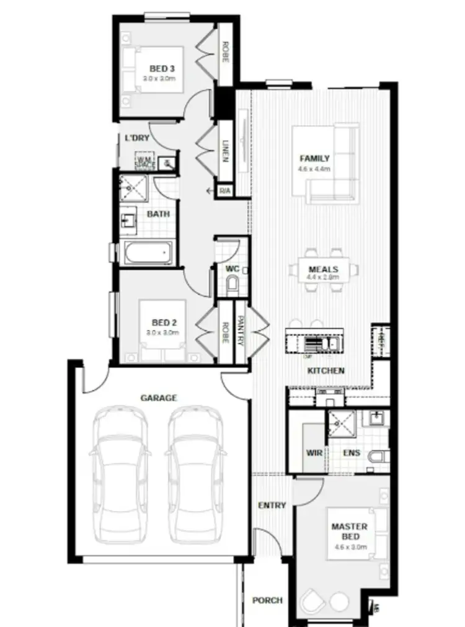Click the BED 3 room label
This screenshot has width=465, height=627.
pyautogui.click(x=161, y=68)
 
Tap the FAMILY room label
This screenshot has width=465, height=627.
pyautogui.click(x=314, y=158)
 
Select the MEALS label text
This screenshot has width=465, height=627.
pyautogui.click(x=323, y=270)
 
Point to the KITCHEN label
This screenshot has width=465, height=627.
pyautogui.click(x=325, y=370)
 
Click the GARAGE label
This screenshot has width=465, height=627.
pyautogui.click(x=159, y=398)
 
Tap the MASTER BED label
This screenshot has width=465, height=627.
pyautogui.click(x=349, y=531)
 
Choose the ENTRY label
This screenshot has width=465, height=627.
pyautogui.click(x=272, y=505)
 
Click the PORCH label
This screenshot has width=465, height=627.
pyautogui.click(x=267, y=600)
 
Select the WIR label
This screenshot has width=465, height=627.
pyautogui.click(x=314, y=453)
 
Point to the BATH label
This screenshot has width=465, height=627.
pyautogui.click(x=158, y=214)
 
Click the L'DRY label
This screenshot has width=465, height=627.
pyautogui.click(x=137, y=138)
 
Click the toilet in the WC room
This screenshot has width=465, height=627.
pyautogui.click(x=233, y=285)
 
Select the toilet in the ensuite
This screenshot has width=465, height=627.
pyautogui.click(x=378, y=457)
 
